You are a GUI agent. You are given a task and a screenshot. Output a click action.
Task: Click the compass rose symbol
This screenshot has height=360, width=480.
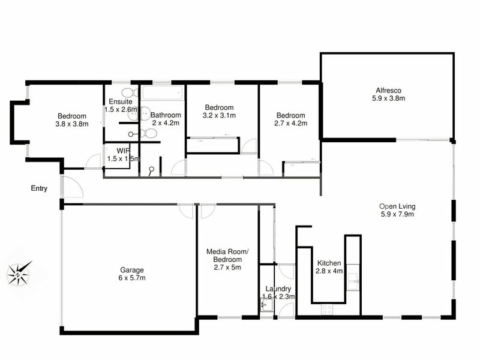[19, 274]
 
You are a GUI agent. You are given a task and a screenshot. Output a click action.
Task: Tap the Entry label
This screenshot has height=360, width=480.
[39, 188]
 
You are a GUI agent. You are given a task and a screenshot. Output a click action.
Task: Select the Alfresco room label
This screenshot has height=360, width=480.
[388, 91]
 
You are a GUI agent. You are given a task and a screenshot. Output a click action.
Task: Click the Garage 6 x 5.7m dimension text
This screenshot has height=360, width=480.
[132, 278]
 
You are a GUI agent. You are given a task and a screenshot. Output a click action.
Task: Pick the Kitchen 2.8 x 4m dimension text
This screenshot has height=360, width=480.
[329, 271]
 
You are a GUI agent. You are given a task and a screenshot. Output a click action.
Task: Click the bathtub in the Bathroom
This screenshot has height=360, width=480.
[163, 92]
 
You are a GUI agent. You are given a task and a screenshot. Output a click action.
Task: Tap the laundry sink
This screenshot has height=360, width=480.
[267, 305]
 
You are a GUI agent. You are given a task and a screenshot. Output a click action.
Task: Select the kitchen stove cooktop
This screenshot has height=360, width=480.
[327, 310]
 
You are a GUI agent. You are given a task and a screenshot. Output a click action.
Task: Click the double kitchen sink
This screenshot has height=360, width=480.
[353, 281]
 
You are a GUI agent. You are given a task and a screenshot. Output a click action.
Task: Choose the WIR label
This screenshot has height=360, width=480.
[123, 151]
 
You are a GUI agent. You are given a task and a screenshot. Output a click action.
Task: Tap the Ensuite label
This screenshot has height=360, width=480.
[121, 101]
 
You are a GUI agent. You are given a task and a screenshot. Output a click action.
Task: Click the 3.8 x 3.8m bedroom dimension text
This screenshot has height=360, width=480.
[72, 124]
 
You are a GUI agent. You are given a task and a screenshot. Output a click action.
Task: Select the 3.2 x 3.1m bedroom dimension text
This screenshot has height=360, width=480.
[219, 115]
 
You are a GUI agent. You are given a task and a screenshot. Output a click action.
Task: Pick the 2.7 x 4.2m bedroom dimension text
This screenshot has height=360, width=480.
[291, 124]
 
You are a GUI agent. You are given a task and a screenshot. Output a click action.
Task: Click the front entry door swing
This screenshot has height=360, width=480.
[72, 187]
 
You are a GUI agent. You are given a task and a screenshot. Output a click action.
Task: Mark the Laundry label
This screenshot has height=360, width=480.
[278, 289]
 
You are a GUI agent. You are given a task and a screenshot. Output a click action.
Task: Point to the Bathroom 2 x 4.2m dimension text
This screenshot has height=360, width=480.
[166, 123]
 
